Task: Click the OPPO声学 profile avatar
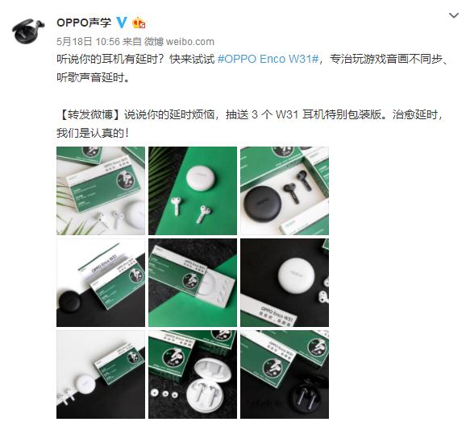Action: [28, 31]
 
